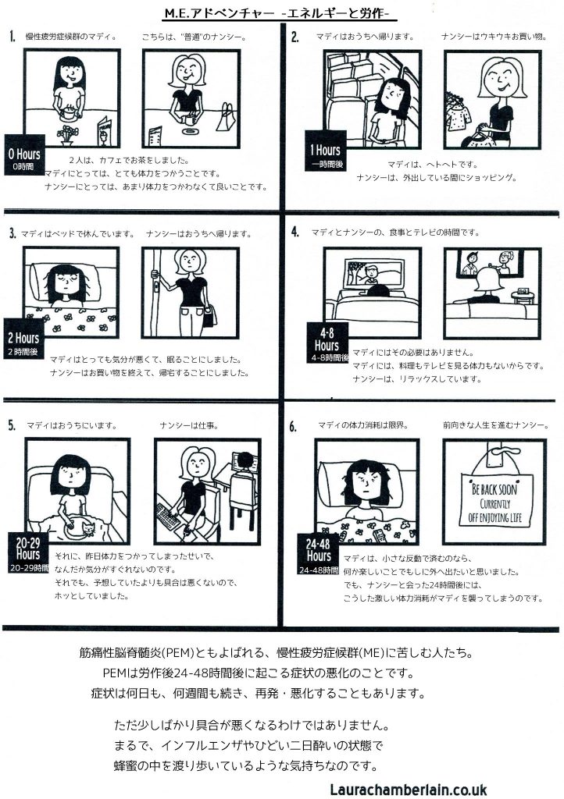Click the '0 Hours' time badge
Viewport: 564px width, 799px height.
tap(24, 155)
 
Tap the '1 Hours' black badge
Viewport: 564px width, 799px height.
tap(325, 151)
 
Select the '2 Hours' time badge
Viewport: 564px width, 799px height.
tap(24, 339)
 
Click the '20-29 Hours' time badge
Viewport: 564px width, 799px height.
tap(28, 552)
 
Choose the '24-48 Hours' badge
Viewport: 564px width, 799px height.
tap(318, 555)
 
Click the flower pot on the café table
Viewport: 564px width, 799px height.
tap(67, 134)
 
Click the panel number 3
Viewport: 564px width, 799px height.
tap(12, 234)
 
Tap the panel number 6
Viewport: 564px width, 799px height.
tap(293, 427)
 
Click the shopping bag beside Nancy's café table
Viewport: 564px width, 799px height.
tap(226, 118)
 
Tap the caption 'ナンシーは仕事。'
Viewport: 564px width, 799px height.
tap(189, 425)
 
